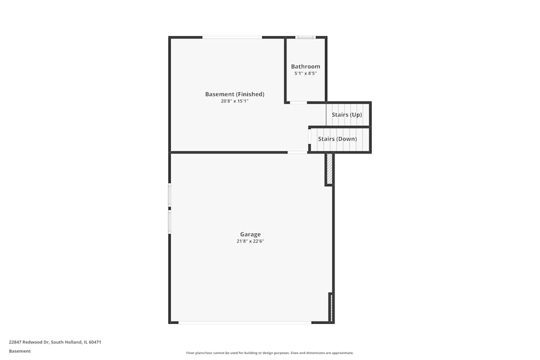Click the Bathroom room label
306,66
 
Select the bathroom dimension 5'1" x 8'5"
306,73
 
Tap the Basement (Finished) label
234,94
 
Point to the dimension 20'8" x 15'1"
234,101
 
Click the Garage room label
250,234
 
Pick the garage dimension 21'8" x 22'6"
250,241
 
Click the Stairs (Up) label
347,114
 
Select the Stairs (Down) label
337,139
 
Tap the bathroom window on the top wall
305,37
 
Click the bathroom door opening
298,102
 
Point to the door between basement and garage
298,152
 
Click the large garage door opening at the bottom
245,322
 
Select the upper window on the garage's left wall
170,195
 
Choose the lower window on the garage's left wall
170,221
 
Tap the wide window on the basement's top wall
232,37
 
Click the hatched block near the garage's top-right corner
329,169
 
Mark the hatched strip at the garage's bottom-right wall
331,307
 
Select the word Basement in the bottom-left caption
20,351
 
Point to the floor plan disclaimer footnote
270,353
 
